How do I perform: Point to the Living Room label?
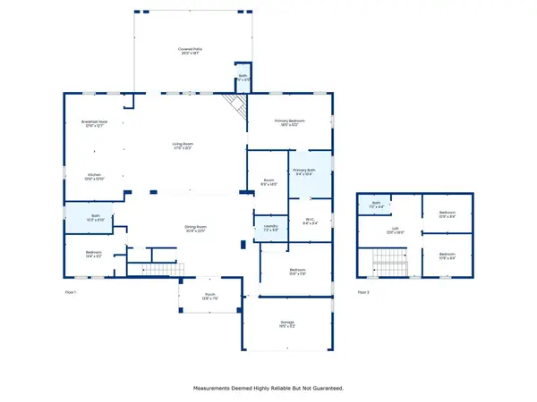(x=183, y=147)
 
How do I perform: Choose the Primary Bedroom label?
(x=289, y=122)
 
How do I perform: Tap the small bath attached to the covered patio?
(x=242, y=76)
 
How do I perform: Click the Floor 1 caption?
(x=71, y=292)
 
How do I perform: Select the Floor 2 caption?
(x=363, y=292)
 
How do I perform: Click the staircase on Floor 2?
(x=390, y=264)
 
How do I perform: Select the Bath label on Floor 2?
(x=377, y=205)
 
